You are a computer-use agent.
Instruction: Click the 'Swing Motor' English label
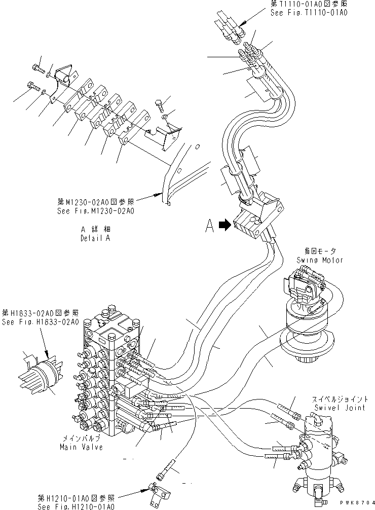(x=320, y=260)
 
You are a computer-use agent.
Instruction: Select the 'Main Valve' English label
(x=82, y=447)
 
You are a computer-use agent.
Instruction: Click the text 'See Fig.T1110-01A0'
(x=309, y=13)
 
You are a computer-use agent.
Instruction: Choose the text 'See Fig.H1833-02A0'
(x=40, y=322)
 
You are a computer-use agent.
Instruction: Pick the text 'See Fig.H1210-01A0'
(x=76, y=506)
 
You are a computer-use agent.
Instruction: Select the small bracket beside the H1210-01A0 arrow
(x=154, y=490)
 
